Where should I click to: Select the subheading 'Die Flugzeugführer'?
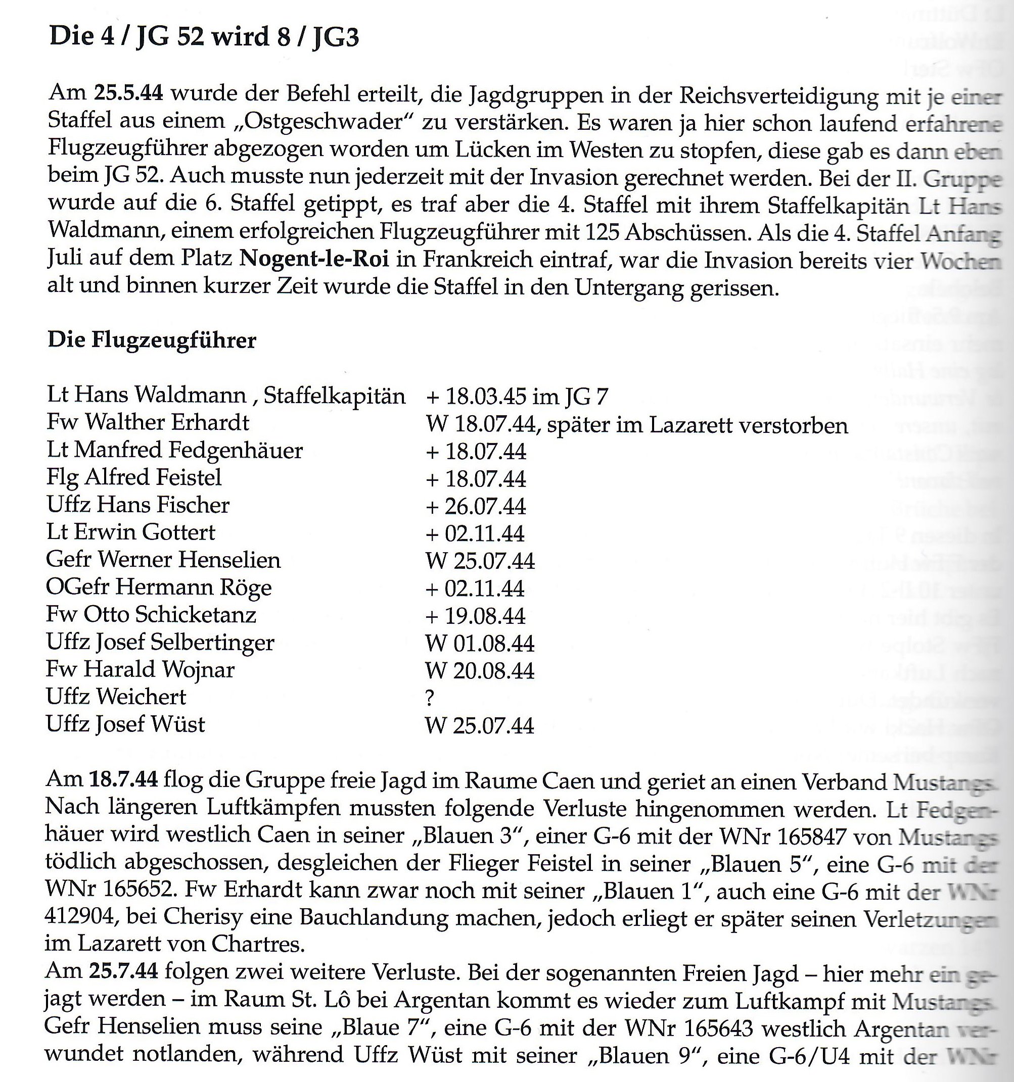pyautogui.click(x=152, y=340)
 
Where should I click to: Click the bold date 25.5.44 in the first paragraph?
pyautogui.click(x=128, y=93)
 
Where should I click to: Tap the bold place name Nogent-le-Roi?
pyautogui.click(x=314, y=259)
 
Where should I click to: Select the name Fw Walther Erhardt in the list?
pyautogui.click(x=148, y=423)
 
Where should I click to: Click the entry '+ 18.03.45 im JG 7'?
pyautogui.click(x=517, y=397)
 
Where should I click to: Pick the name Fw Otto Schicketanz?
pyautogui.click(x=151, y=615)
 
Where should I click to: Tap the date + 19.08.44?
pyautogui.click(x=476, y=616)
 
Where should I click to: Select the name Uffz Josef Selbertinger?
pyautogui.click(x=160, y=643)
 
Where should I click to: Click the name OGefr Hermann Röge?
pyautogui.click(x=159, y=588)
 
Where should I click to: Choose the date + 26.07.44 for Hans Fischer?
pyautogui.click(x=476, y=507)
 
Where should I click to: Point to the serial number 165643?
pyautogui.click(x=718, y=1027)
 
